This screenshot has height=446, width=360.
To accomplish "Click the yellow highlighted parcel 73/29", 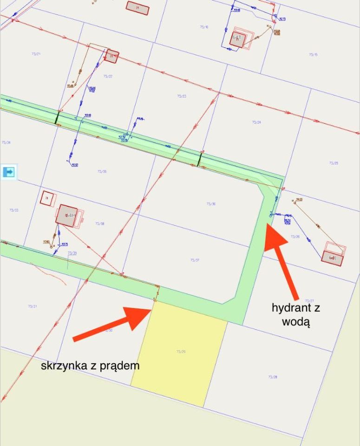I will (179, 353).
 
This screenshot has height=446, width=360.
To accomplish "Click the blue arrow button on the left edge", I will (8, 172).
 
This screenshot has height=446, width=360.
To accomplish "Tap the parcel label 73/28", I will (273, 377).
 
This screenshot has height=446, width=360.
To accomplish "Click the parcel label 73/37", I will (195, 260).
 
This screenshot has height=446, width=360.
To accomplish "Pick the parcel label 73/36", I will (210, 203).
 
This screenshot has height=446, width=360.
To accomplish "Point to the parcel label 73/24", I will (256, 122).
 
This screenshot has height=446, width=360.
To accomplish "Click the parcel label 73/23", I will (181, 96).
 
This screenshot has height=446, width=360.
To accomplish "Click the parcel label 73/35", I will (102, 171).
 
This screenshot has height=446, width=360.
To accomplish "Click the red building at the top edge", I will (137, 8).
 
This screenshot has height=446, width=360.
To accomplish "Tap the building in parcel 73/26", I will (332, 257).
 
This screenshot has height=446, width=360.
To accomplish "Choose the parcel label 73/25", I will (333, 163).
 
